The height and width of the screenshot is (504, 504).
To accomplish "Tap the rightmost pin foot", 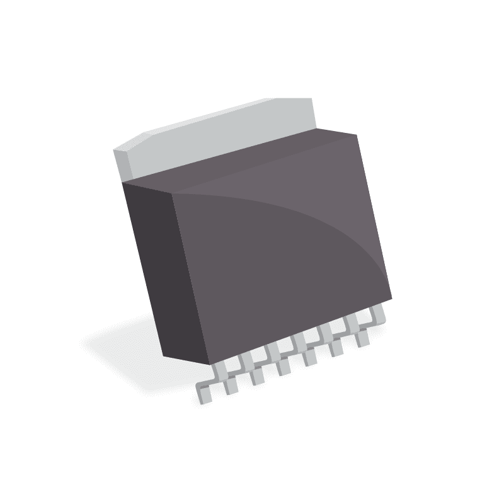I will (362, 340).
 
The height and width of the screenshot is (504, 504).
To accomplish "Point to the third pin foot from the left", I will (257, 377).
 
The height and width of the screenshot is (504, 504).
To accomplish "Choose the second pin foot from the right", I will (335, 349).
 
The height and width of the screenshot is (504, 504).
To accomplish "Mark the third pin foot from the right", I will (309, 358).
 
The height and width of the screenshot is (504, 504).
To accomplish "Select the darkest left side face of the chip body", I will (151, 265).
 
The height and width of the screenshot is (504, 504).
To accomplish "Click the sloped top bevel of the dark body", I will (252, 165).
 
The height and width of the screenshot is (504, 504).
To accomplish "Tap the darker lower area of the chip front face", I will (265, 290).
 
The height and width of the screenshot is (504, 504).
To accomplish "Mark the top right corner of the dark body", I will (357, 134).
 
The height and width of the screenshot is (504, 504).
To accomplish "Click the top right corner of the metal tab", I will (312, 98).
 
